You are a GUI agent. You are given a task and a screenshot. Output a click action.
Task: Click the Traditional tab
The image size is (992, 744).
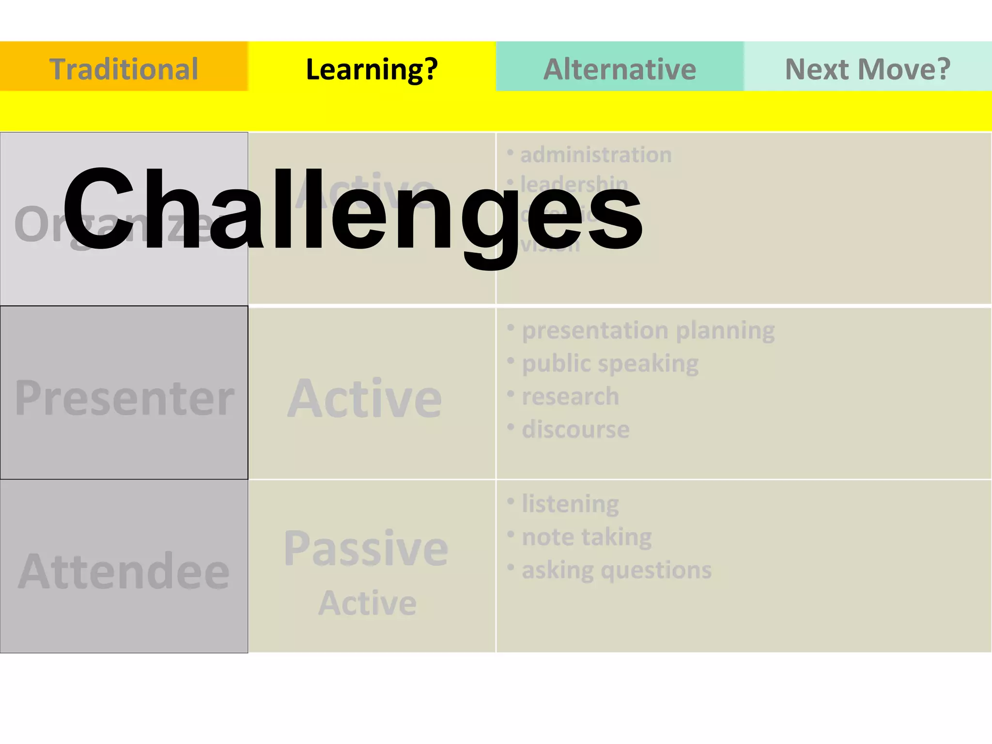pos(124,68)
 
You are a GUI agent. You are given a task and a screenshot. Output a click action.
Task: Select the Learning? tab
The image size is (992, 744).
pos(372,68)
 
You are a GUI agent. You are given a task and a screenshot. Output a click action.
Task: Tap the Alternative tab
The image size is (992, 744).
pos(620,68)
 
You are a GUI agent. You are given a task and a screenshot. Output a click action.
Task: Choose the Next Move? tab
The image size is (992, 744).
pos(868,68)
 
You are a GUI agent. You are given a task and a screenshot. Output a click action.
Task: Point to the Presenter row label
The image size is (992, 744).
pos(124,398)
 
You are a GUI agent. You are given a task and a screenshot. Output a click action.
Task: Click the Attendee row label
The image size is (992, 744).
pos(124,572)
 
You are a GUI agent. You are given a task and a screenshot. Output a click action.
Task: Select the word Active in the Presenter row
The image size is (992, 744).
pos(365,398)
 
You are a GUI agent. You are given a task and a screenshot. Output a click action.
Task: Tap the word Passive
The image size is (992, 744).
pos(366,548)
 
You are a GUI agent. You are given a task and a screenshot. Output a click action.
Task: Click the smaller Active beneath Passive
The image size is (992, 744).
pos(367,603)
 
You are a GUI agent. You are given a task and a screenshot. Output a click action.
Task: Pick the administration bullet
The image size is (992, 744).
pos(596,155)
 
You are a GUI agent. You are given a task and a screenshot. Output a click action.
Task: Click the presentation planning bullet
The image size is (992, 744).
pos(648,331)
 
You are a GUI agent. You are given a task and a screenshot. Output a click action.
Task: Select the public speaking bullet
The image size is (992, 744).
pos(610,364)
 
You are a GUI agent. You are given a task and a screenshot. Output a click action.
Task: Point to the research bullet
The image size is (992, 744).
pos(571,397)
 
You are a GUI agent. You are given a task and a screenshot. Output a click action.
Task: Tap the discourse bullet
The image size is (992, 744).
pos(576,430)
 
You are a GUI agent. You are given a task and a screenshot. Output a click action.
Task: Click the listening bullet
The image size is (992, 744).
pos(570,504)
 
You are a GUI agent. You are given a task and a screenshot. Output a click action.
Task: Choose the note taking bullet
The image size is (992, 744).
pos(587,537)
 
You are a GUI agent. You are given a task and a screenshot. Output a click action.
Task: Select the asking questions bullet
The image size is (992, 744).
pos(617,570)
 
